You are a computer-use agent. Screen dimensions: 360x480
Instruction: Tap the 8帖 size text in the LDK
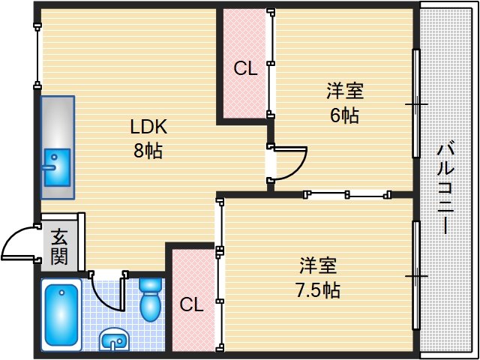tap(148, 150)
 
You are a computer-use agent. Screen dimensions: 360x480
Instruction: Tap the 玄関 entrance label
tap(59, 247)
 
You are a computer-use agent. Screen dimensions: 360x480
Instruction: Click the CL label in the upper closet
tap(245, 69)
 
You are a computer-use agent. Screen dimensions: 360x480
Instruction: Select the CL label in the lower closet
tap(192, 304)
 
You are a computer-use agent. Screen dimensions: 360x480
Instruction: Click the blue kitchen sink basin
tap(55, 166)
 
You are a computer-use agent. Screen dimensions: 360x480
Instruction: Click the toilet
tap(151, 298)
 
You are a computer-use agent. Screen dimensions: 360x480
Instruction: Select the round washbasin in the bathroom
tap(114, 340)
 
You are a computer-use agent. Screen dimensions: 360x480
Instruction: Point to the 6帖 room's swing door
tap(291, 162)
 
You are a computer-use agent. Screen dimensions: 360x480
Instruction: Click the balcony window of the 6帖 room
tap(415, 103)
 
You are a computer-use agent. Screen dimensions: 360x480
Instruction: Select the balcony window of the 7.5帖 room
tap(415, 275)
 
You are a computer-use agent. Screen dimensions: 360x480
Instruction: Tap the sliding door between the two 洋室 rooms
tap(349, 195)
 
